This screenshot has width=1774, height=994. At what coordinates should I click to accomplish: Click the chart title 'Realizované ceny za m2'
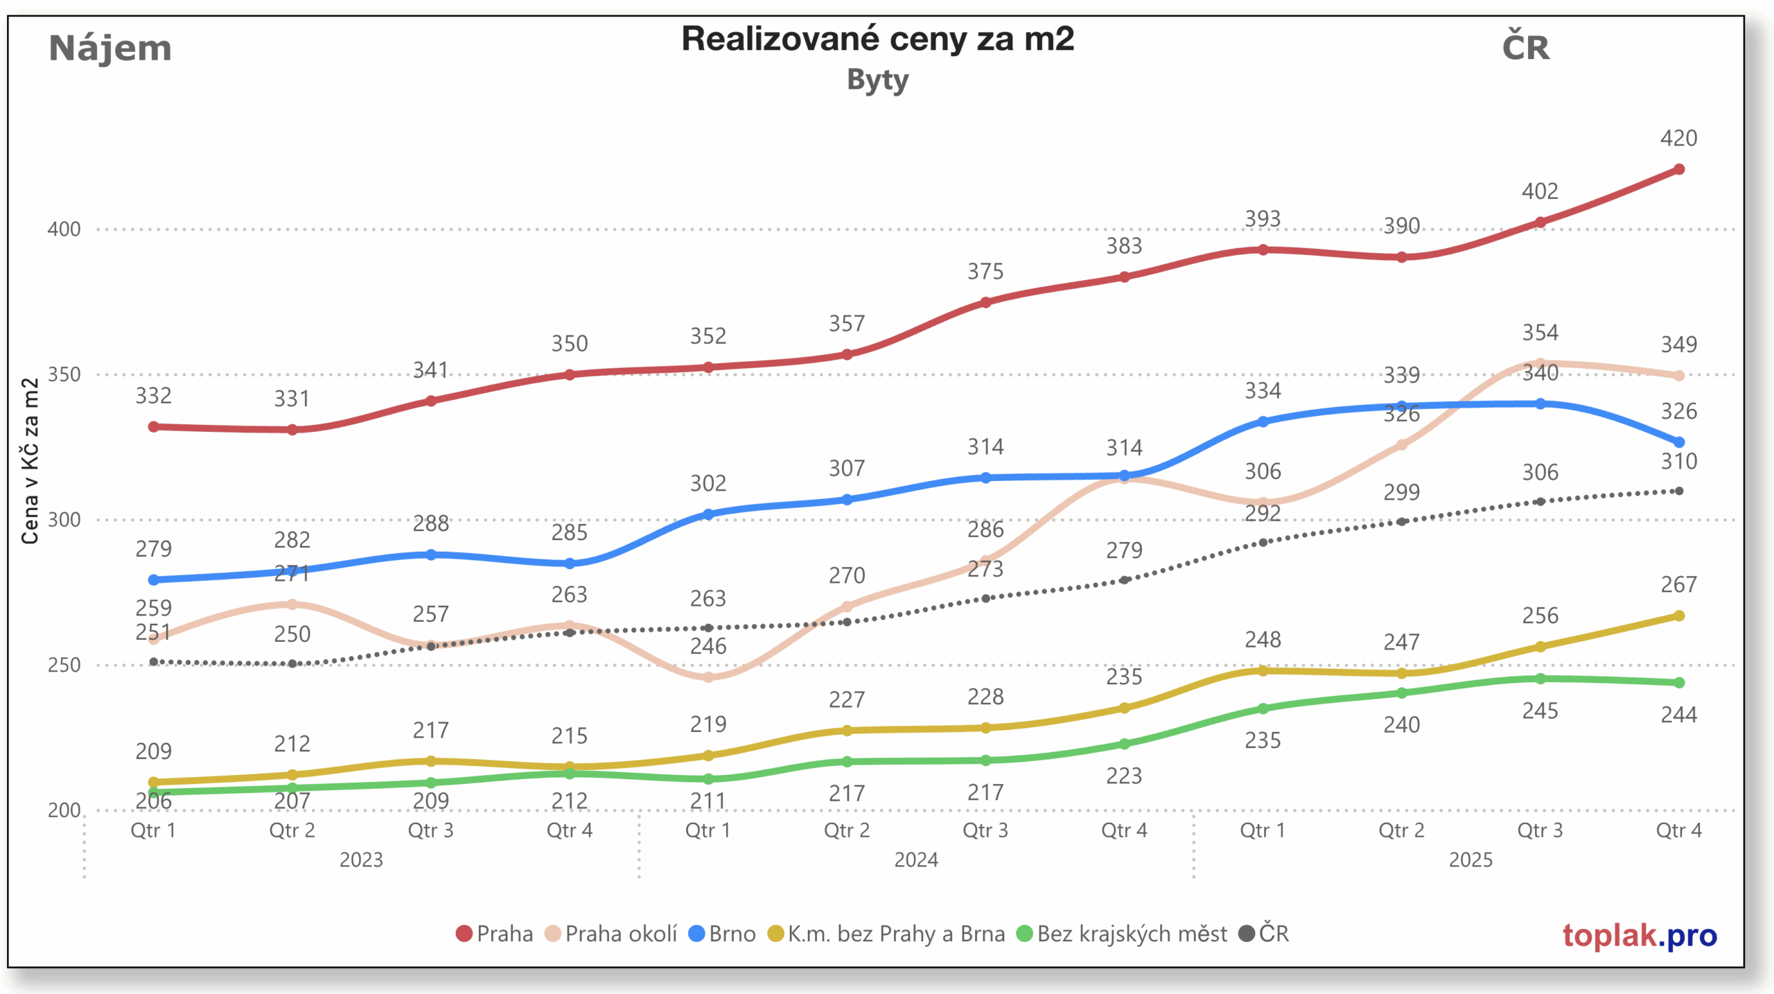[x=877, y=40]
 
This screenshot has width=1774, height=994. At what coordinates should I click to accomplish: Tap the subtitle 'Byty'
[x=877, y=80]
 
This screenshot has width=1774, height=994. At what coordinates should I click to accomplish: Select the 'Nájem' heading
[x=110, y=49]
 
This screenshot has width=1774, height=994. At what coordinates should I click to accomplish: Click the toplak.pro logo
[x=1640, y=935]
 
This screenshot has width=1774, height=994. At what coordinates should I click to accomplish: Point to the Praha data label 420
[x=1678, y=139]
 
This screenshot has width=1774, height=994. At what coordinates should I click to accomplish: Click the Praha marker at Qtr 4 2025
[x=1678, y=169]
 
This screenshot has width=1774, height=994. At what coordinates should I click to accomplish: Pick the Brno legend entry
[x=721, y=934]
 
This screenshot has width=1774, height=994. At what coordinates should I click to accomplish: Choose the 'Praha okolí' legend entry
[x=611, y=934]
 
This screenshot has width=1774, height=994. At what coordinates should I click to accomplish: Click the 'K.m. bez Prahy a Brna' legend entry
[x=886, y=934]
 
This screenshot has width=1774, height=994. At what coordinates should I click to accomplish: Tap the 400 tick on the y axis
[x=64, y=229]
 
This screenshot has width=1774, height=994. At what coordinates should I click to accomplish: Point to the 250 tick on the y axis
[x=64, y=665]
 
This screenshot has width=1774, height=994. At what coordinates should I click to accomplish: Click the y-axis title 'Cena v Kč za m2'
[x=30, y=461]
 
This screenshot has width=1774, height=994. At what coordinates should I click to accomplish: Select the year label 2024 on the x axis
[x=915, y=860]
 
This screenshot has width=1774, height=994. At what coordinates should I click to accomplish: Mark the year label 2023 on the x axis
[x=361, y=860]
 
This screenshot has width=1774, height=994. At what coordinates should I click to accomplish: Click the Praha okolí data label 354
[x=1540, y=333]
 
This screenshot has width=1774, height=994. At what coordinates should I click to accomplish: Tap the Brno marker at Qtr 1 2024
[x=708, y=514]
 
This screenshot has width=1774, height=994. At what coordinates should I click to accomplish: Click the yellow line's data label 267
[x=1678, y=585]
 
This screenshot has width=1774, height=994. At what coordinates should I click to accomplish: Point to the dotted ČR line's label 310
[x=1678, y=462]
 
